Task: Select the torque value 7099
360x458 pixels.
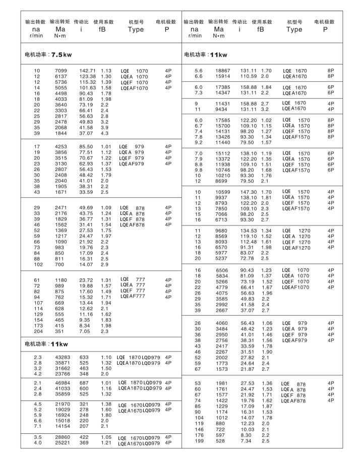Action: click(x=61, y=70)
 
